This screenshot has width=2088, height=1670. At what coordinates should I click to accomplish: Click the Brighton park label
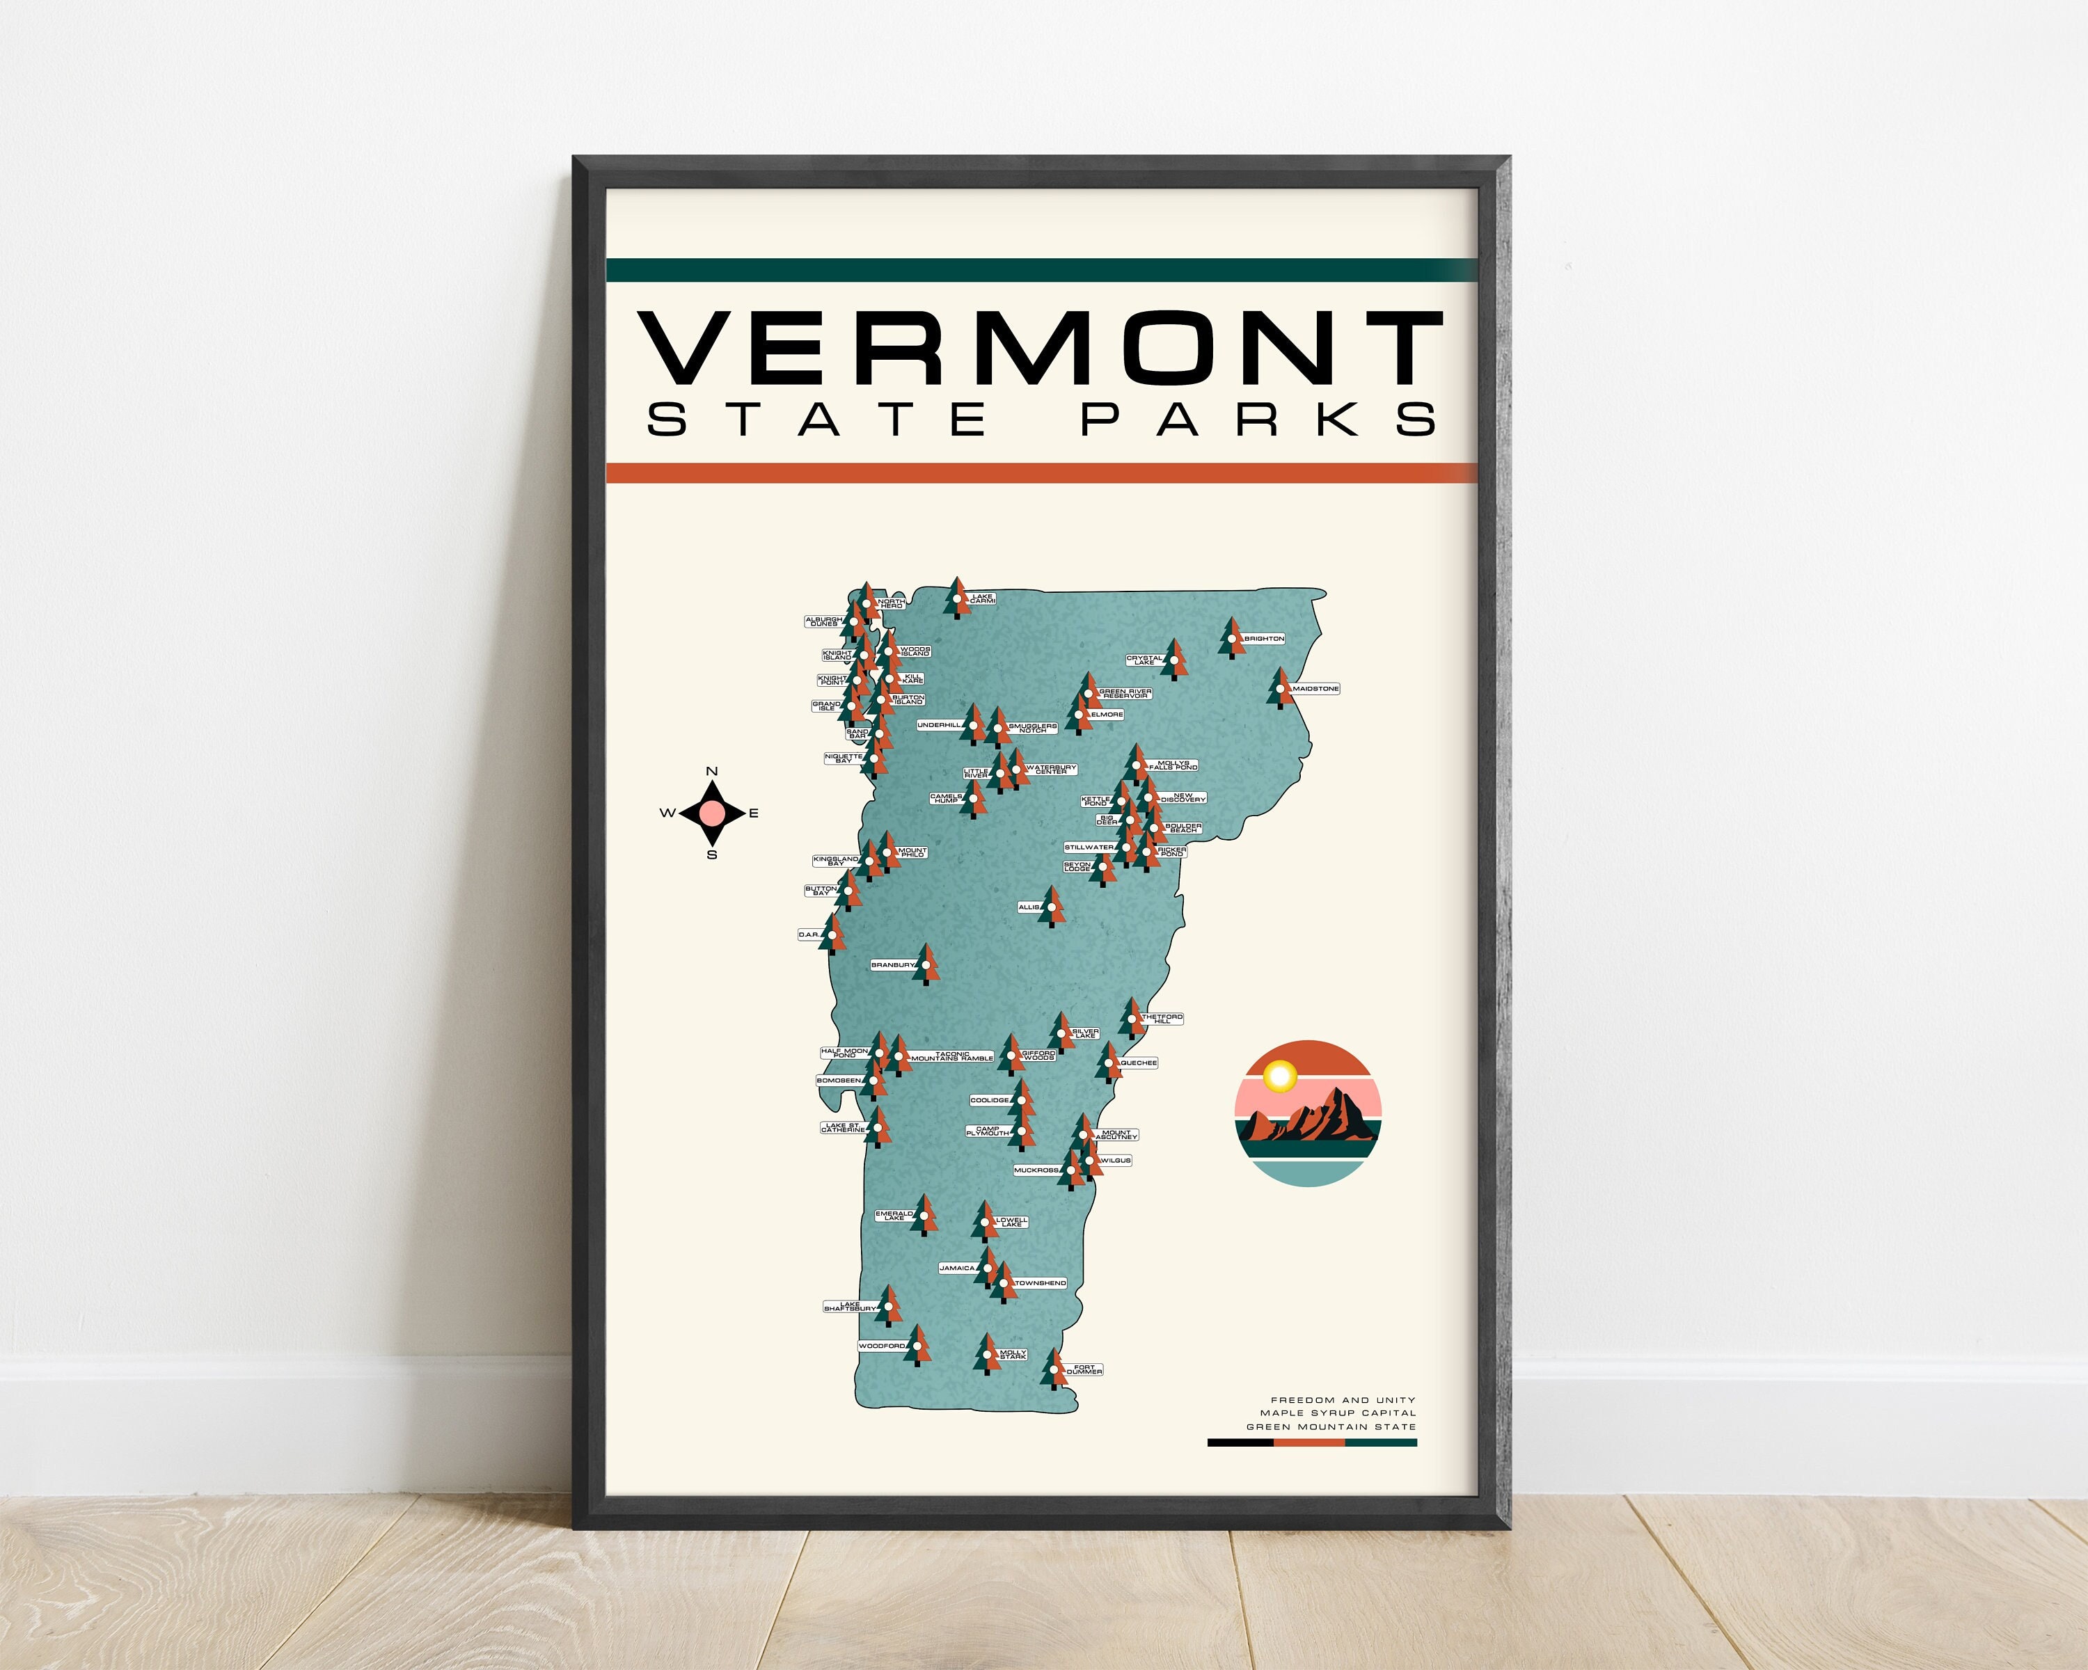point(1264,639)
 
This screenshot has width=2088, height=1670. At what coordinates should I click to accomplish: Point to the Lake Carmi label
point(982,599)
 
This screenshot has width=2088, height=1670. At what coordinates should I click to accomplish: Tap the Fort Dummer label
point(1084,1370)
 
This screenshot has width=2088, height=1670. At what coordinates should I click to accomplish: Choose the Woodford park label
point(881,1346)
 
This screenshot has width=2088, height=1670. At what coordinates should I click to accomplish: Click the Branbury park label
point(892,965)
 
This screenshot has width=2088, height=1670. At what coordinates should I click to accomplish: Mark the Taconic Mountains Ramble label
point(952,1056)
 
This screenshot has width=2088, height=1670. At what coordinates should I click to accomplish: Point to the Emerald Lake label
point(894,1215)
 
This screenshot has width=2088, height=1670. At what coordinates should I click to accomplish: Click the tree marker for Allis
point(1052,907)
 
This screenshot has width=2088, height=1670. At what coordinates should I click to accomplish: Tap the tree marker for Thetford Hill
point(1131,1019)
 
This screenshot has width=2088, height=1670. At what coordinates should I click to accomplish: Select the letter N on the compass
point(712,770)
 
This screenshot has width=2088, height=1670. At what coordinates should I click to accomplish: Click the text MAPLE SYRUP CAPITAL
point(1338,1413)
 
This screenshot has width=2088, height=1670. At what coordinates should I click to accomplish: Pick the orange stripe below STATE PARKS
point(1042,472)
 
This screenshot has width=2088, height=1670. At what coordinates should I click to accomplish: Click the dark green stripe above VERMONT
point(1042,270)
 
